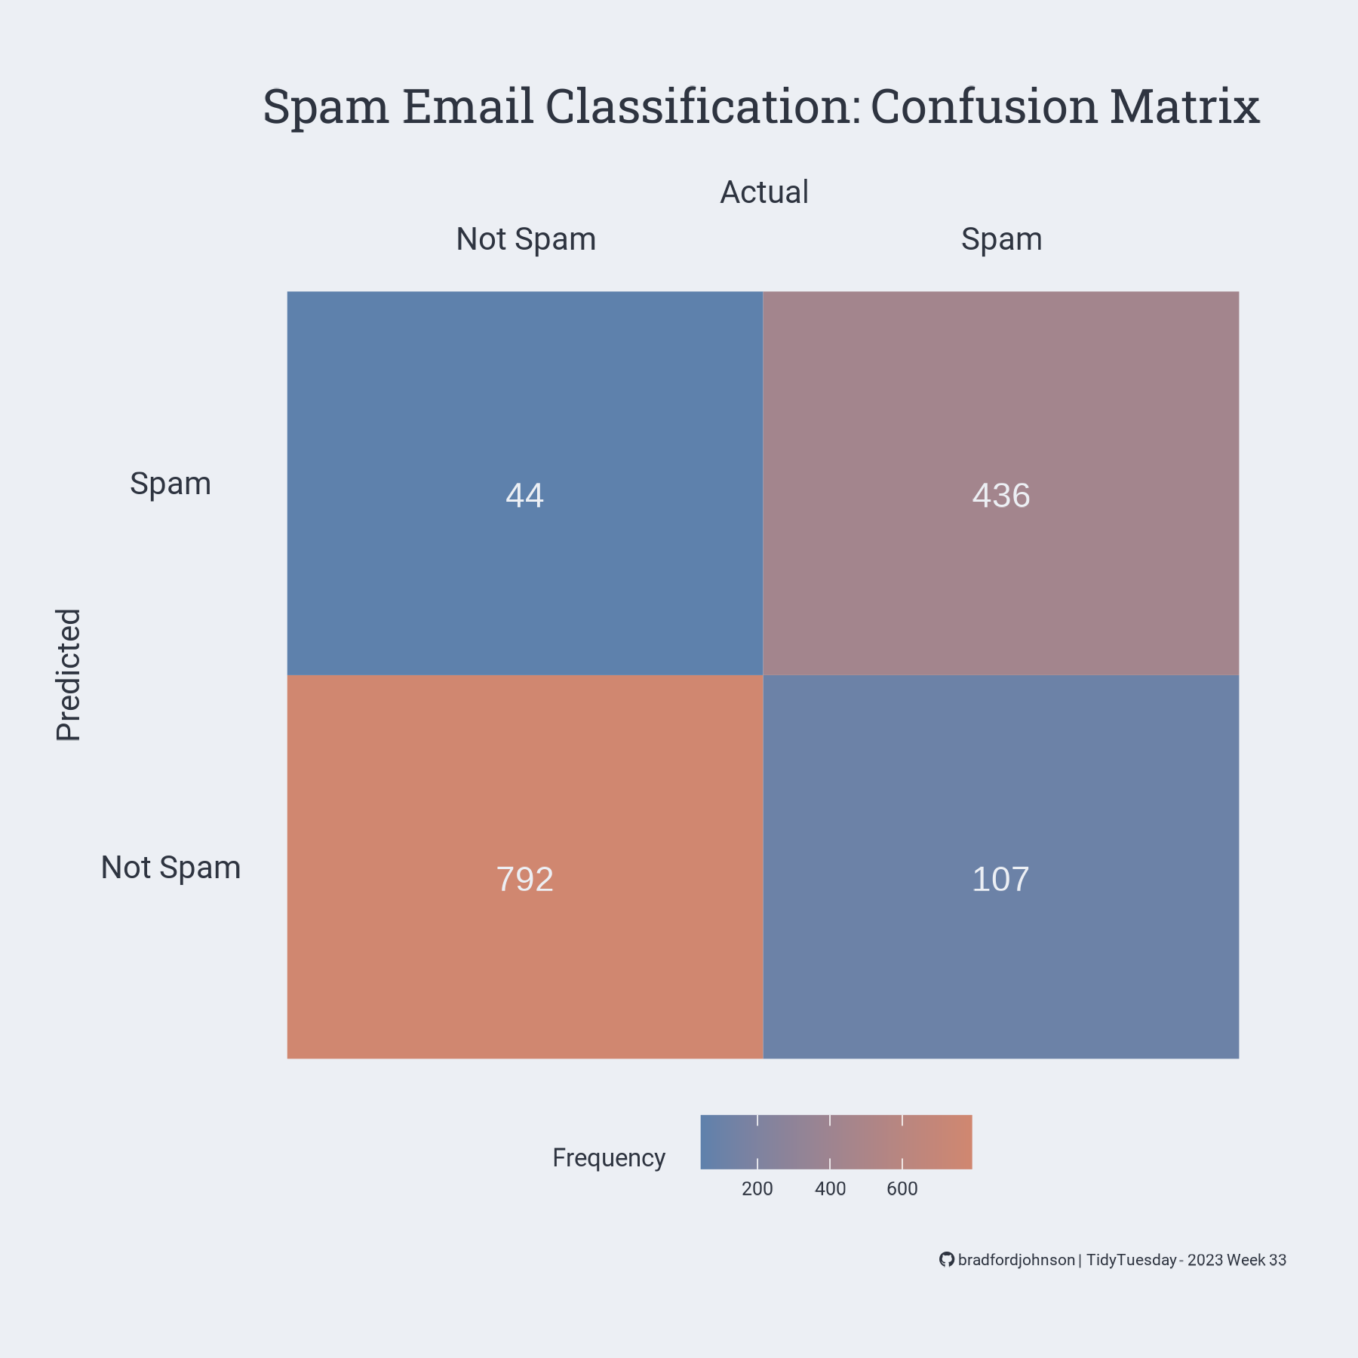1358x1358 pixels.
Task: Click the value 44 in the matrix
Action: click(x=524, y=496)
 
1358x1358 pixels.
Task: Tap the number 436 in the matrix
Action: click(x=1000, y=496)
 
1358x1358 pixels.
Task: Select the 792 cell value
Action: click(x=524, y=880)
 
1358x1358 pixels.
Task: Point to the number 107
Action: click(x=1000, y=880)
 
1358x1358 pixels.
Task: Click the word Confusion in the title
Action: click(x=984, y=106)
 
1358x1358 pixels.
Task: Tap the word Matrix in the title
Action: click(x=1184, y=106)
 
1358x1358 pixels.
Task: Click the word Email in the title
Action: click(x=468, y=106)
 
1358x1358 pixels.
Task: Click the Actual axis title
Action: click(x=763, y=192)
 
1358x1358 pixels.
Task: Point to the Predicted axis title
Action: click(x=69, y=674)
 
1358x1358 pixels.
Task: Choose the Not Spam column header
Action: click(x=526, y=239)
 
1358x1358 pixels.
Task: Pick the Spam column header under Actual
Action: click(x=1001, y=239)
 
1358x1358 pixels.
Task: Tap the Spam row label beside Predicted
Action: click(x=171, y=484)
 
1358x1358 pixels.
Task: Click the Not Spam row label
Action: click(x=171, y=868)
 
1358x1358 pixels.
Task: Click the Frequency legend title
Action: click(x=609, y=1157)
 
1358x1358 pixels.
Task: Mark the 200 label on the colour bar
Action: click(x=757, y=1189)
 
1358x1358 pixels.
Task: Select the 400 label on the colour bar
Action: click(x=830, y=1189)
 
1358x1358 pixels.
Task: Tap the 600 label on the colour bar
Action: click(x=902, y=1189)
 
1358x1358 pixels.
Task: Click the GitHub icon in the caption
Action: click(x=946, y=1260)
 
